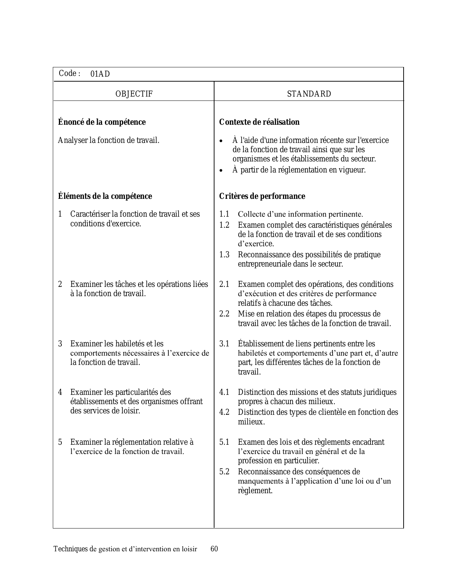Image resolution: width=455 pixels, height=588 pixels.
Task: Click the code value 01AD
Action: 100,74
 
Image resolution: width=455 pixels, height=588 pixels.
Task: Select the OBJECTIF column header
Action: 134,94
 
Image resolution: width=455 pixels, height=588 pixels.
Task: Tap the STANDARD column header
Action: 309,94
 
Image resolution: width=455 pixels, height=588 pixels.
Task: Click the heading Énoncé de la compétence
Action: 102,122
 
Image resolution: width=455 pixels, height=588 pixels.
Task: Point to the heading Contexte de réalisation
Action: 259,122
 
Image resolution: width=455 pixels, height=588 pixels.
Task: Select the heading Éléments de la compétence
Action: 105,196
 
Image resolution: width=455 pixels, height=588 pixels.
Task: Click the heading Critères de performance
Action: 262,196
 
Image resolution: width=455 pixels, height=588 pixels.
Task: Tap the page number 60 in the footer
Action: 214,549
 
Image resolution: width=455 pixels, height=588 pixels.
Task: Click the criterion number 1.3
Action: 224,255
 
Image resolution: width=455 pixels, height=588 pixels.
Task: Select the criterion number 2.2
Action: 224,314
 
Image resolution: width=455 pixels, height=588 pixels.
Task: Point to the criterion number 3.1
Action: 224,344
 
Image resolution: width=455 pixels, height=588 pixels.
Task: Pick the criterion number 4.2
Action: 224,412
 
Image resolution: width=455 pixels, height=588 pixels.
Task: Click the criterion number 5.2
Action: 224,472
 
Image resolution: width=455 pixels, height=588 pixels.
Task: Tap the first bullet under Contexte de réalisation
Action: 221,141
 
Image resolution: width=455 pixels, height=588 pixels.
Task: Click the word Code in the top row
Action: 67,73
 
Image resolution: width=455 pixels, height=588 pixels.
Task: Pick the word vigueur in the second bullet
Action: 352,170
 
